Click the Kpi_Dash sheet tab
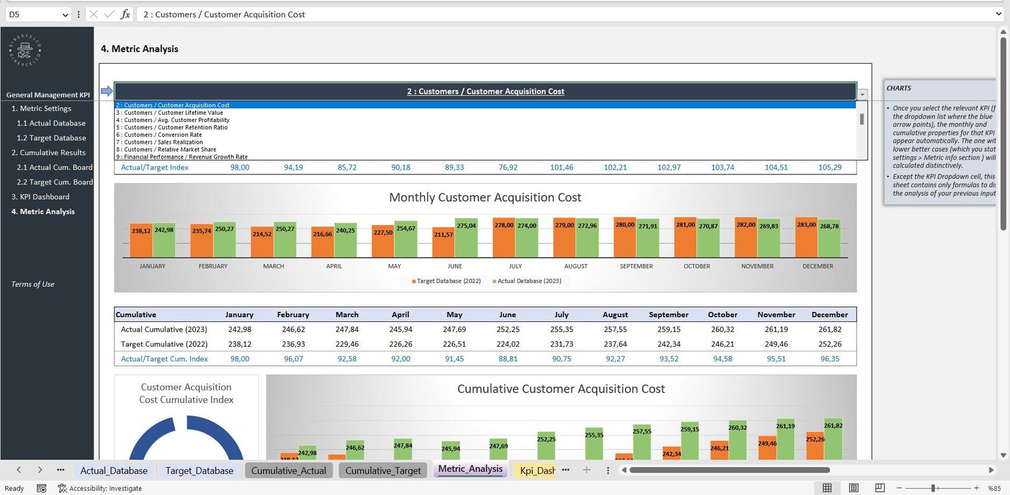[x=536, y=470]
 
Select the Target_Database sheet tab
[x=199, y=470]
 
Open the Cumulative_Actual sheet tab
[x=288, y=470]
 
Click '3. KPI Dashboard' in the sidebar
[x=41, y=197]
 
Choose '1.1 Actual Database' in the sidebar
[x=51, y=123]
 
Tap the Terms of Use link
[x=32, y=284]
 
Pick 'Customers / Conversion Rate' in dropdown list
[x=163, y=135]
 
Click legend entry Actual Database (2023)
[x=528, y=281]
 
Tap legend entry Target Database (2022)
[x=448, y=281]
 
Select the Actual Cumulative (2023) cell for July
[x=561, y=329]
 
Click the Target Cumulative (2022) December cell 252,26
[x=829, y=344]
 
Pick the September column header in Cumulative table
[x=668, y=314]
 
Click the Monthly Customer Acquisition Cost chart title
[x=485, y=197]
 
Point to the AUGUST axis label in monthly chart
[x=576, y=266]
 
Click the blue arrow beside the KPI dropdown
[x=106, y=91]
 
